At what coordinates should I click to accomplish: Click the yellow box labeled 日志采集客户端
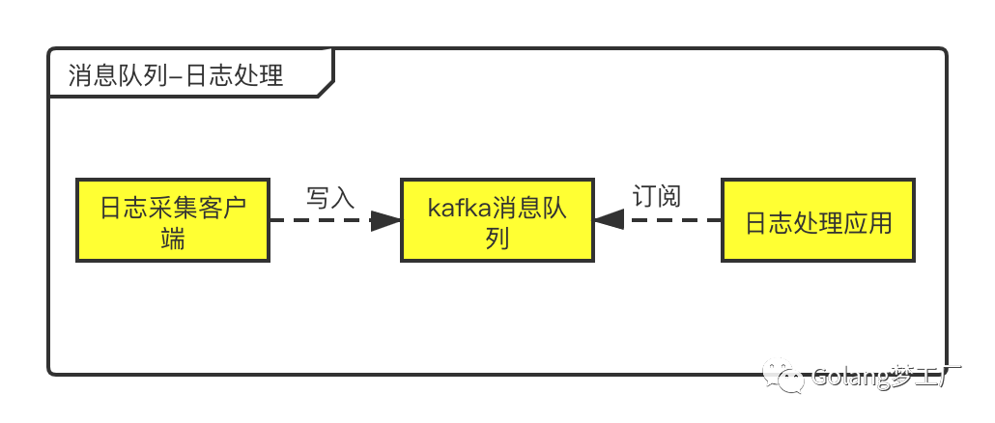pos(172,219)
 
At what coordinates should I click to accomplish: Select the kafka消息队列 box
pos(497,219)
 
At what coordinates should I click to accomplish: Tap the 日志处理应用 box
pos(817,219)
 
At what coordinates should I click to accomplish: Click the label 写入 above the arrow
pos(330,197)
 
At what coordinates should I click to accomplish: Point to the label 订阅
pos(657,196)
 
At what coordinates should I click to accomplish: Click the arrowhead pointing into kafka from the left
pos(385,220)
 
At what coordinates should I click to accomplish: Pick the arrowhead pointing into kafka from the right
pos(609,220)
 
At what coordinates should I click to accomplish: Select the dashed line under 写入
pos(319,220)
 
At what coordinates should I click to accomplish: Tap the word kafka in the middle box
pos(459,208)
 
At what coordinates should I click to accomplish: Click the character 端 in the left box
pos(173,238)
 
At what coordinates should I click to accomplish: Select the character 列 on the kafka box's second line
pos(497,238)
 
